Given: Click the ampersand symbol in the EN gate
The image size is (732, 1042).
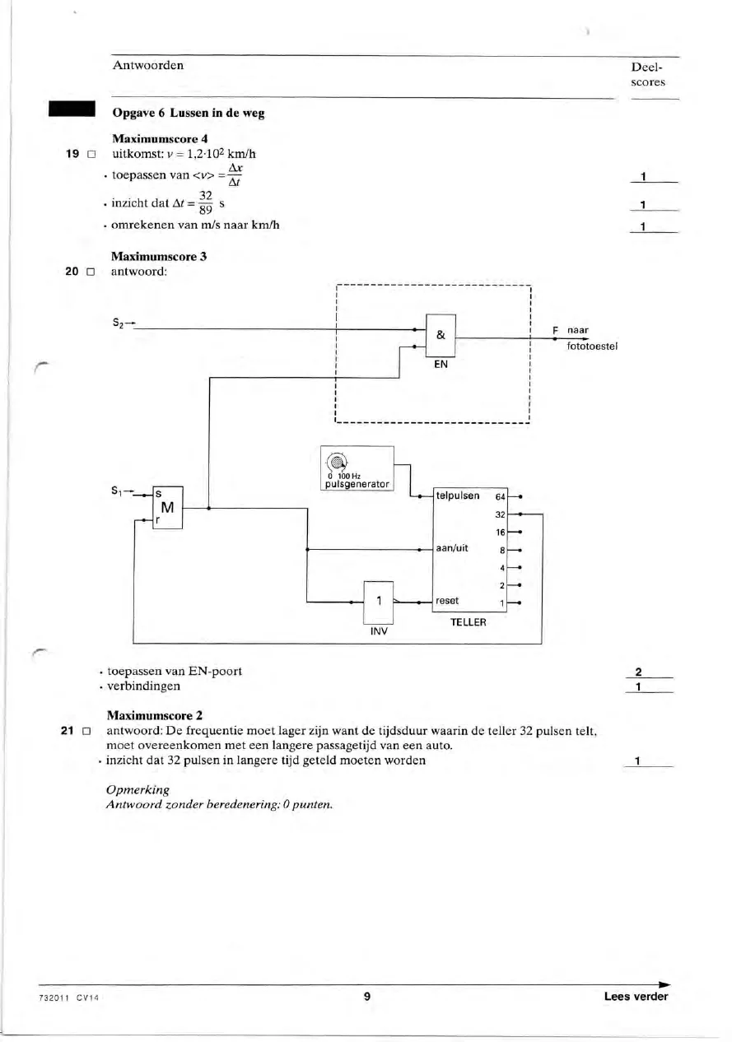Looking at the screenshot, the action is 441,335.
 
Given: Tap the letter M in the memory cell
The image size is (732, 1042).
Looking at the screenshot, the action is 167,508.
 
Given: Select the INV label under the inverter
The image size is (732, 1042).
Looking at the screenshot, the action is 379,631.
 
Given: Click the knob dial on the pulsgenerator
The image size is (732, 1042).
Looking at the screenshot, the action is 336,463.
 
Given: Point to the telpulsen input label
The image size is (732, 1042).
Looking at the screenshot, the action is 458,495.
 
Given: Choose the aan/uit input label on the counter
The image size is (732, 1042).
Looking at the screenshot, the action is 452,548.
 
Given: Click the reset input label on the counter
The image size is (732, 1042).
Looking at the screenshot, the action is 447,601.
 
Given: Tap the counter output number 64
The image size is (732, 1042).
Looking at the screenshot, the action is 501,497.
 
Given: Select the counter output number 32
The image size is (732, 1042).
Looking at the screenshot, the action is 501,514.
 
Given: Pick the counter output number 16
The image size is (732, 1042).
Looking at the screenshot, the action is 501,533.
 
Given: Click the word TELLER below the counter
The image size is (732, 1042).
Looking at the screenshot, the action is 469,622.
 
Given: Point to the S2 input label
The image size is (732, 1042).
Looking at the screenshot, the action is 119,322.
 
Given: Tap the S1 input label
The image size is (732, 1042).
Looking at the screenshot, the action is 117,491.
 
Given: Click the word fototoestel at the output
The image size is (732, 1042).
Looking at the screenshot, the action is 592,346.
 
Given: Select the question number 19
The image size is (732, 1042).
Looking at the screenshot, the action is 72,154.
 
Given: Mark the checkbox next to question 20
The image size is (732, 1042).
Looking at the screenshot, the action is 91,272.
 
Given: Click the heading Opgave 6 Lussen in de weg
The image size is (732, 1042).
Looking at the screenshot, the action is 189,113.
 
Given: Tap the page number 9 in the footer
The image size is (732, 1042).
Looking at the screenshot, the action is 367,996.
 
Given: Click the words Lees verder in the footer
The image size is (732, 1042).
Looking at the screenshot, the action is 636,996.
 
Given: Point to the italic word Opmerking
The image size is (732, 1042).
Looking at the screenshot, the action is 138,789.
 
